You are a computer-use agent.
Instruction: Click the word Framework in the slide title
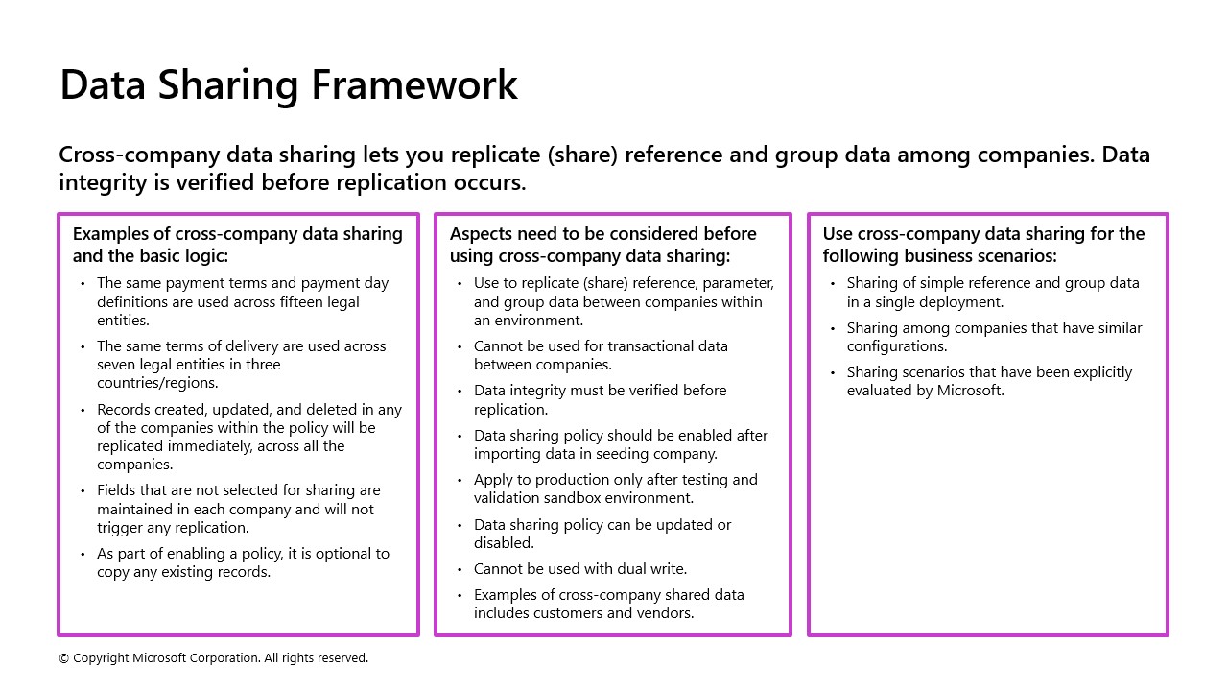click(x=414, y=84)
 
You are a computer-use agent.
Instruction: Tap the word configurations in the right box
click(x=896, y=346)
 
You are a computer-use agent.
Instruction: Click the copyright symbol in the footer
click(x=63, y=658)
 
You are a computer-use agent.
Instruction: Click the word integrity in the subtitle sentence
click(x=104, y=182)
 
